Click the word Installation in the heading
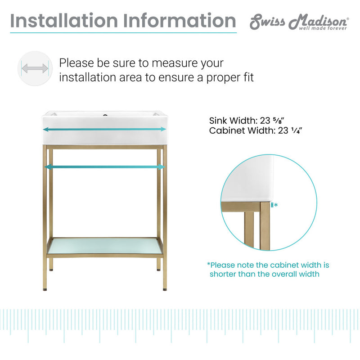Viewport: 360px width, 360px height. pyautogui.click(x=62, y=21)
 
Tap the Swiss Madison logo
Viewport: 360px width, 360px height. pyautogui.click(x=299, y=21)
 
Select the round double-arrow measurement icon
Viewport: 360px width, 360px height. pyautogui.click(x=35, y=68)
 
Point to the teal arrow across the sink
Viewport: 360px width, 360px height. pyautogui.click(x=104, y=129)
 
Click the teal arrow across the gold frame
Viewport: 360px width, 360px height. pyautogui.click(x=104, y=167)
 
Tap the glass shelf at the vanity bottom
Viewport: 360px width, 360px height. pyautogui.click(x=104, y=246)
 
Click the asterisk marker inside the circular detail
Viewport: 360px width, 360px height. pyautogui.click(x=276, y=205)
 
